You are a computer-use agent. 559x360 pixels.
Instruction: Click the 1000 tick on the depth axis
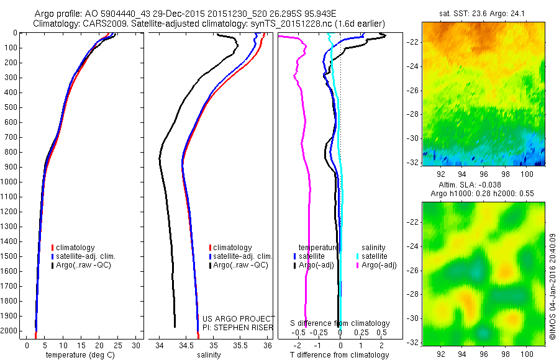pyautogui.click(x=11, y=182)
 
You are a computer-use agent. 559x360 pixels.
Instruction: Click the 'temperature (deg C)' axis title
pyautogui.click(x=79, y=355)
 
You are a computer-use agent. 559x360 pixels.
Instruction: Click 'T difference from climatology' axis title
pyautogui.click(x=339, y=355)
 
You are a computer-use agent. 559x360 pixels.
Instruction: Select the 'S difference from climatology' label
pyautogui.click(x=340, y=323)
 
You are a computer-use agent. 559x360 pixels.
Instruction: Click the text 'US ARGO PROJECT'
pyautogui.click(x=239, y=318)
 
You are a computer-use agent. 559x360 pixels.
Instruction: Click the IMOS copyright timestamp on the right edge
pyautogui.click(x=552, y=287)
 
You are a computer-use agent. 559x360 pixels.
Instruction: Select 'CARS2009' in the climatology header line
pyautogui.click(x=99, y=24)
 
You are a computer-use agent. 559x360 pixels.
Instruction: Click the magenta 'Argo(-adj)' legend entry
pyautogui.click(x=379, y=265)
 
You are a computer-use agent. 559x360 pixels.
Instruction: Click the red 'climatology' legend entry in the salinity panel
pyautogui.click(x=232, y=247)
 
